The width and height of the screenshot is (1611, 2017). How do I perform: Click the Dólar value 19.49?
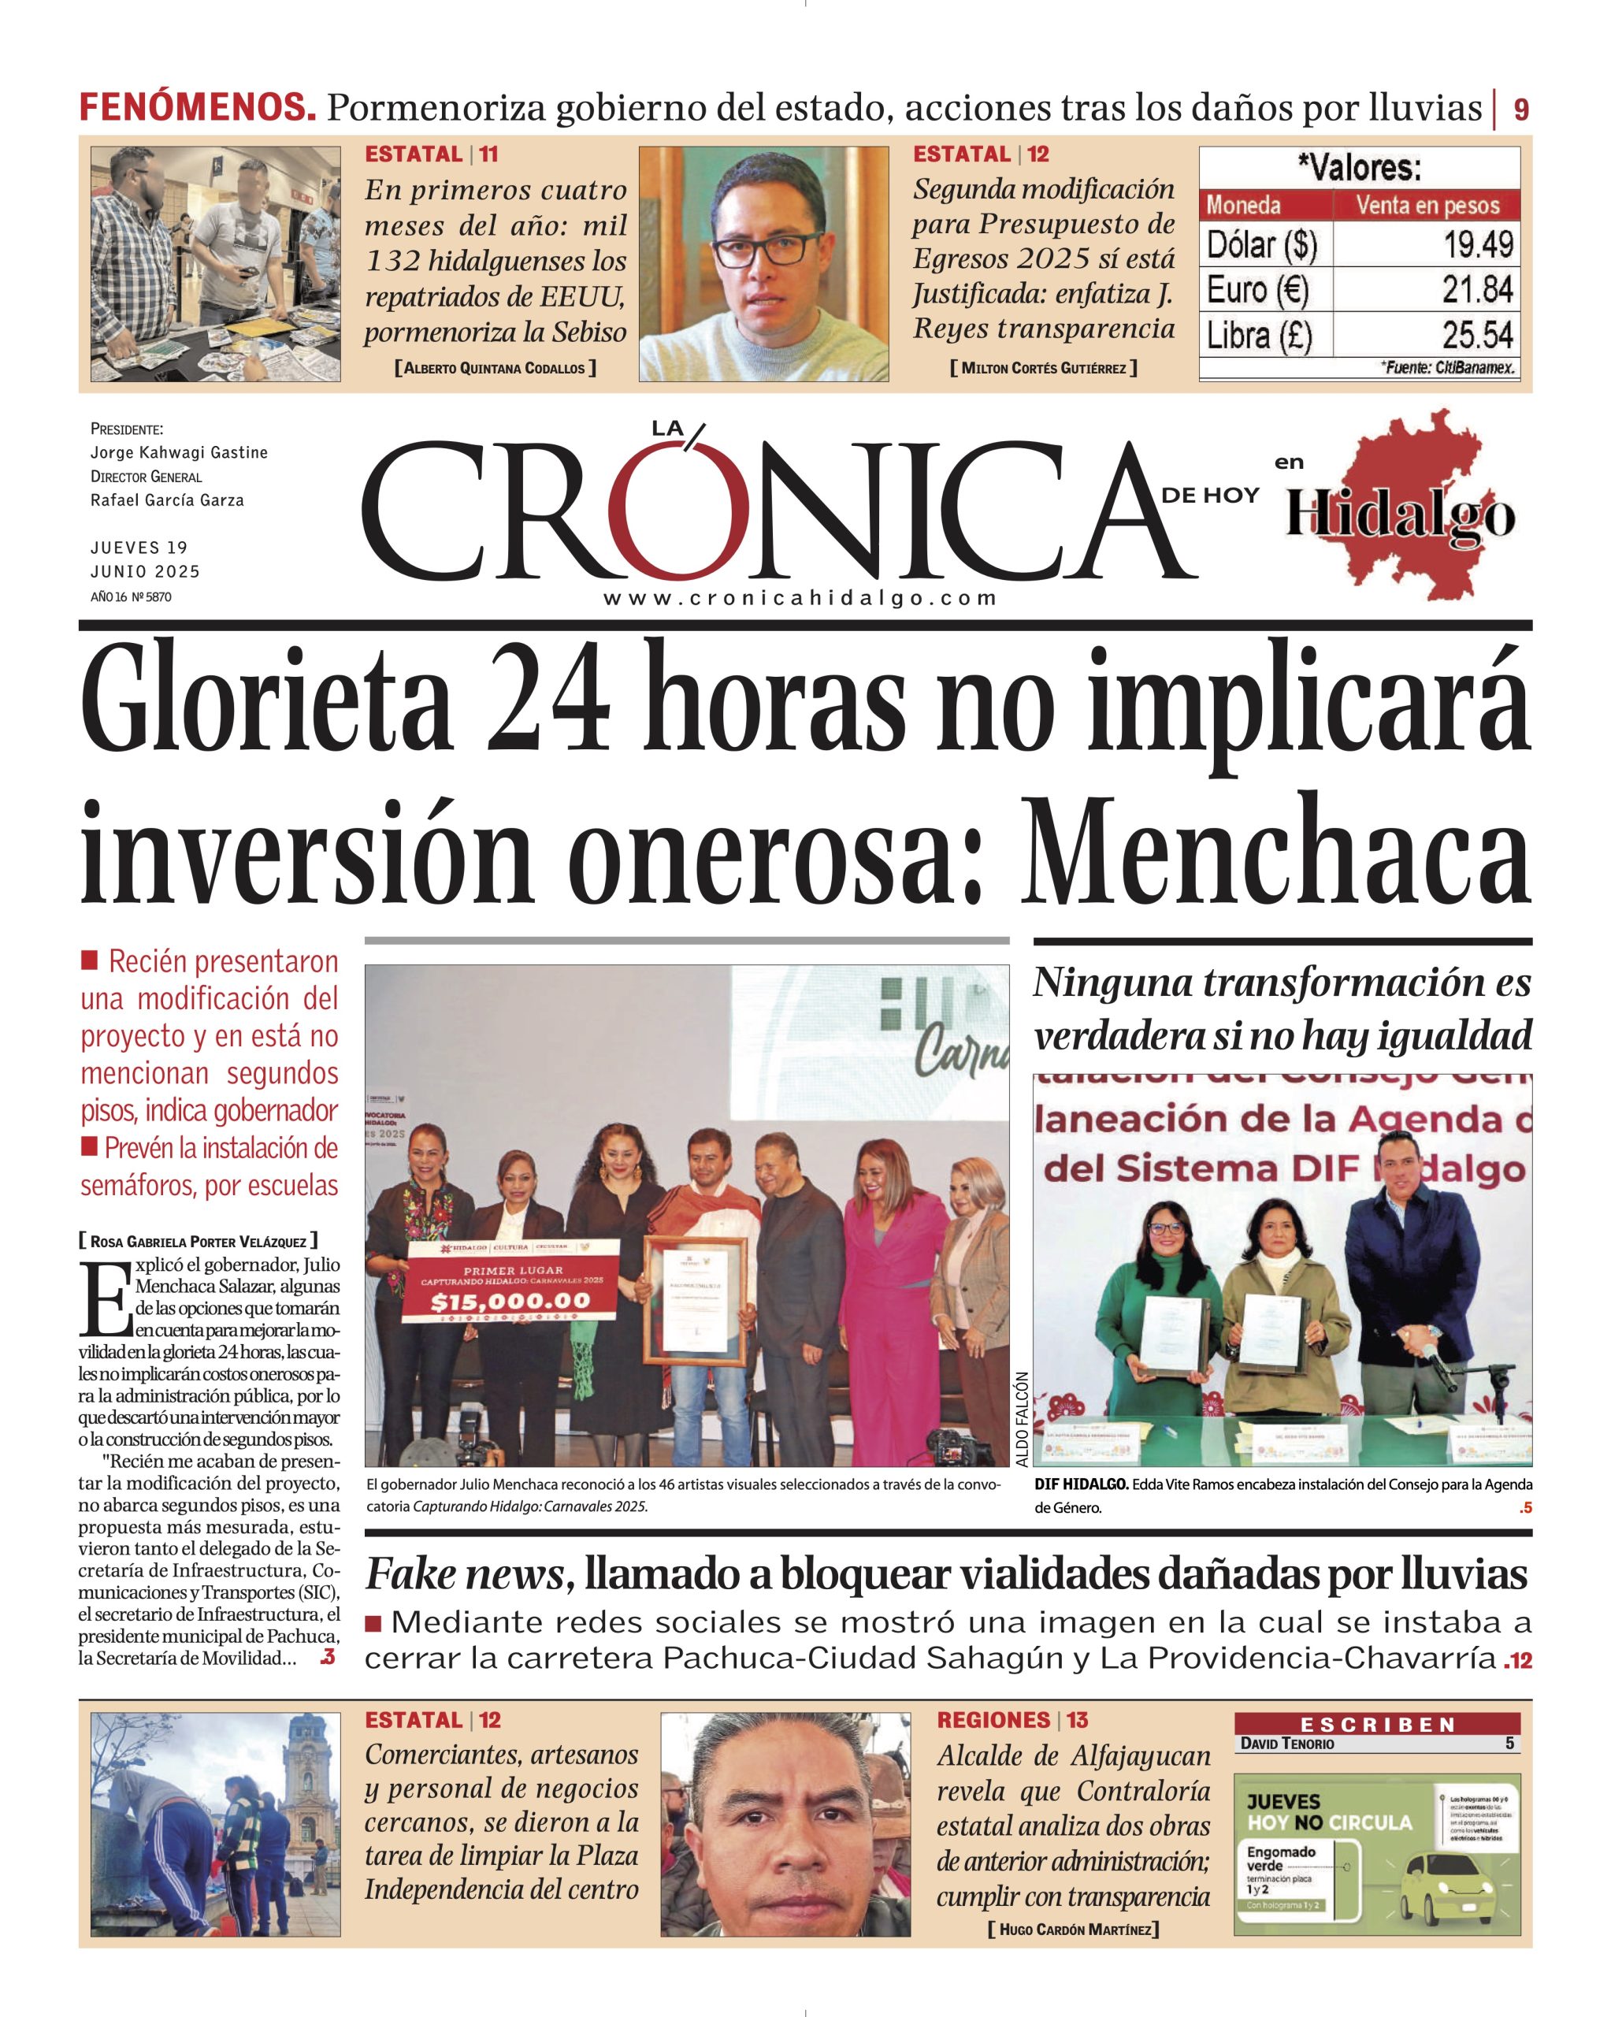(1477, 245)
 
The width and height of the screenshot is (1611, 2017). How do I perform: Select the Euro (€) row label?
(1257, 290)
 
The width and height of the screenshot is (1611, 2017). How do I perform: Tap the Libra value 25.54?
(1477, 335)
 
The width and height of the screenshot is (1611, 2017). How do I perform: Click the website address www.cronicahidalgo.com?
(800, 599)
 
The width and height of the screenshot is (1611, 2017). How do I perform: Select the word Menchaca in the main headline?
(1275, 849)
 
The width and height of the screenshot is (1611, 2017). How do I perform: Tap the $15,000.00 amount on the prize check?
(510, 1302)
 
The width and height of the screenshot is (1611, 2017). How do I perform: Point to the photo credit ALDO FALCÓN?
(1021, 1419)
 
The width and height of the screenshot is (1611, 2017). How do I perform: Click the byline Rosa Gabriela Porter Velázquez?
(199, 1242)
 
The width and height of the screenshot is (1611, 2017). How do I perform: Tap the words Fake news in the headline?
(464, 1574)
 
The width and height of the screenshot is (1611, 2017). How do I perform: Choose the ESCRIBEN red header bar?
(1377, 1724)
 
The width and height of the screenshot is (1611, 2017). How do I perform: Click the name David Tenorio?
(1287, 1744)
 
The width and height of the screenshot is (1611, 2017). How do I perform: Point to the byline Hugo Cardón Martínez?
(1073, 1929)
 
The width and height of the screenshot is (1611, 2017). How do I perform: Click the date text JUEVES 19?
(139, 548)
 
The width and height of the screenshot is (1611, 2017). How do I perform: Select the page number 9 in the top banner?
(1521, 110)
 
